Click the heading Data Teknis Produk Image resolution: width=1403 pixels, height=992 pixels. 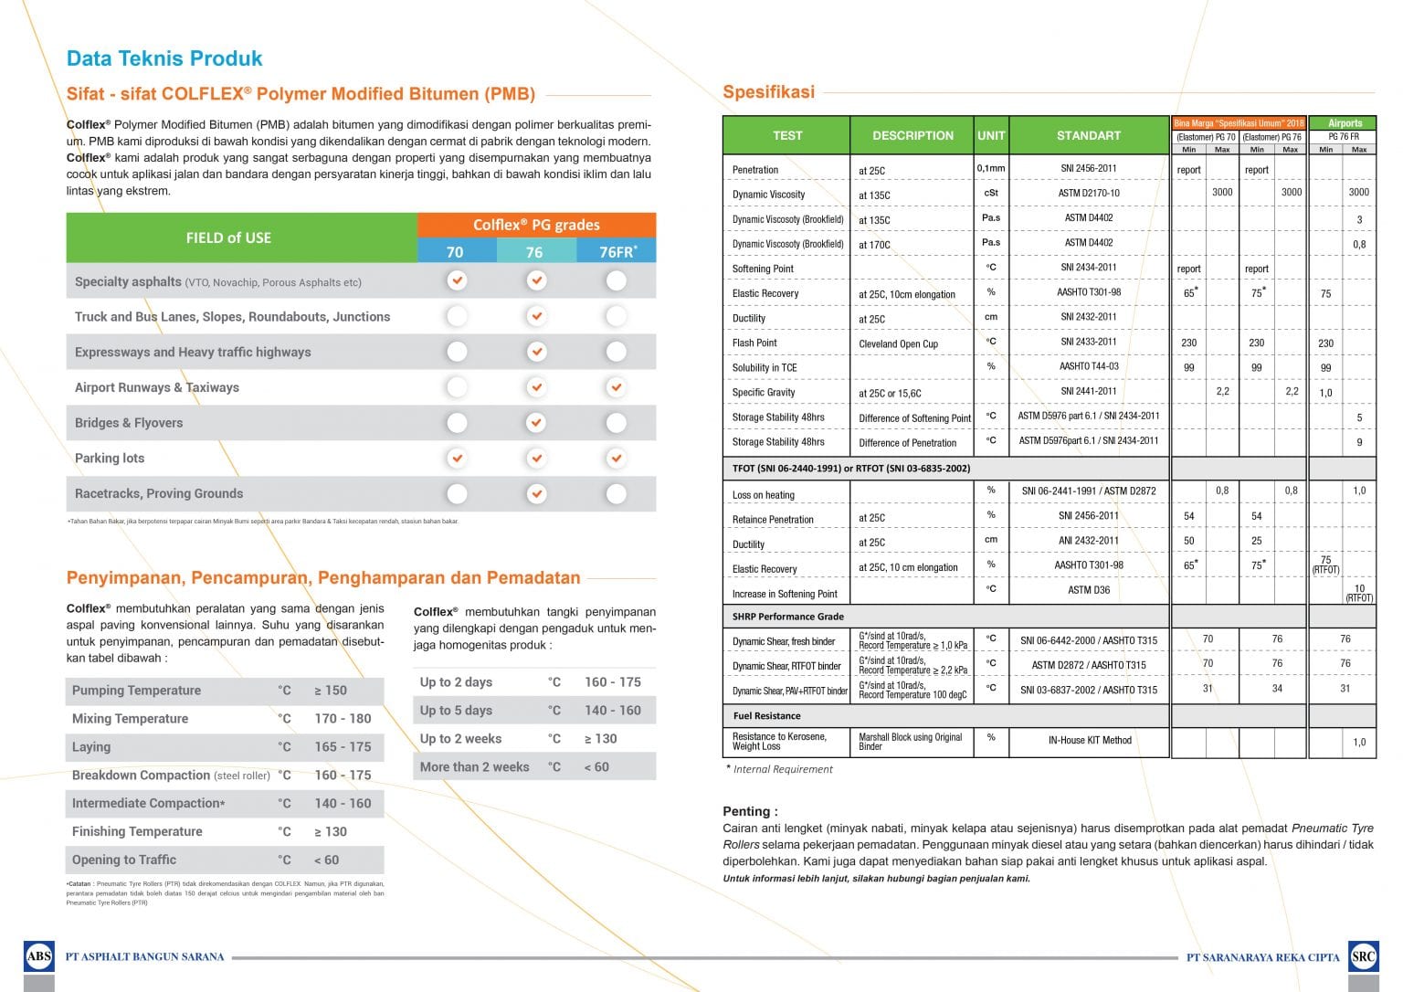164,58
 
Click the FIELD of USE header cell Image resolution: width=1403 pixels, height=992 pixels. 228,237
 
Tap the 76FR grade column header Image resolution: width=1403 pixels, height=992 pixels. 617,252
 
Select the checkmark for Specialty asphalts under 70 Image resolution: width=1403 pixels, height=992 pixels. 457,280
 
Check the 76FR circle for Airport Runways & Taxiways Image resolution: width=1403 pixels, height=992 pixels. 617,387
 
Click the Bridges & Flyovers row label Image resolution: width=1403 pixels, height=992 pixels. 129,423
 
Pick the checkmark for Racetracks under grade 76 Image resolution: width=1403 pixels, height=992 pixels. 536,493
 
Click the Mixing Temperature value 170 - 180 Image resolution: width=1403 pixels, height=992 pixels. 343,719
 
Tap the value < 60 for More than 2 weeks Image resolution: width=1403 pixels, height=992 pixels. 596,767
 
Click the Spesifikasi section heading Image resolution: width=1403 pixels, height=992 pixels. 768,91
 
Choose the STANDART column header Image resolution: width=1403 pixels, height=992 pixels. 1088,135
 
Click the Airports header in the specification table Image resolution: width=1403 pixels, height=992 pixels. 1345,123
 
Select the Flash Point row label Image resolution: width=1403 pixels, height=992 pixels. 754,343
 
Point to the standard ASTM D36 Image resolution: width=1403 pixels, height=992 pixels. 1089,590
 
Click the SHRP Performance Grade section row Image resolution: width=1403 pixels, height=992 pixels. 787,617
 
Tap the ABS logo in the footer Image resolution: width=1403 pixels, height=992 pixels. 39,956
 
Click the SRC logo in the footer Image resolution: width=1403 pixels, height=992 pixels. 1363,956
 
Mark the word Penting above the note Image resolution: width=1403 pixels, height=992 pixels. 749,811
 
